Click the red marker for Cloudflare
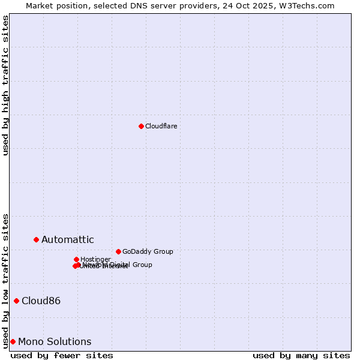pos(141,126)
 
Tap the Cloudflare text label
pos(161,126)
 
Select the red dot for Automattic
pos(36,239)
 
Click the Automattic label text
pos(67,239)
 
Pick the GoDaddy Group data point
pos(118,251)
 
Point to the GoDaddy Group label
pos(148,251)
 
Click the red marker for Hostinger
pos(76,259)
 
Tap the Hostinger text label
pos(95,259)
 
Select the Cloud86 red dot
pos(16,301)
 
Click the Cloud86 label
pos(41,301)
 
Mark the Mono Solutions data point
pos(13,341)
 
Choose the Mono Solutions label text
pos(55,341)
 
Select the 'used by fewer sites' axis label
pos(62,355)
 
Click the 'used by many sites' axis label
pos(301,355)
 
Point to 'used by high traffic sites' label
pos(5,85)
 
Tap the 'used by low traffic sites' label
pos(5,281)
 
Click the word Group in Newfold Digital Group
pos(142,265)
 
